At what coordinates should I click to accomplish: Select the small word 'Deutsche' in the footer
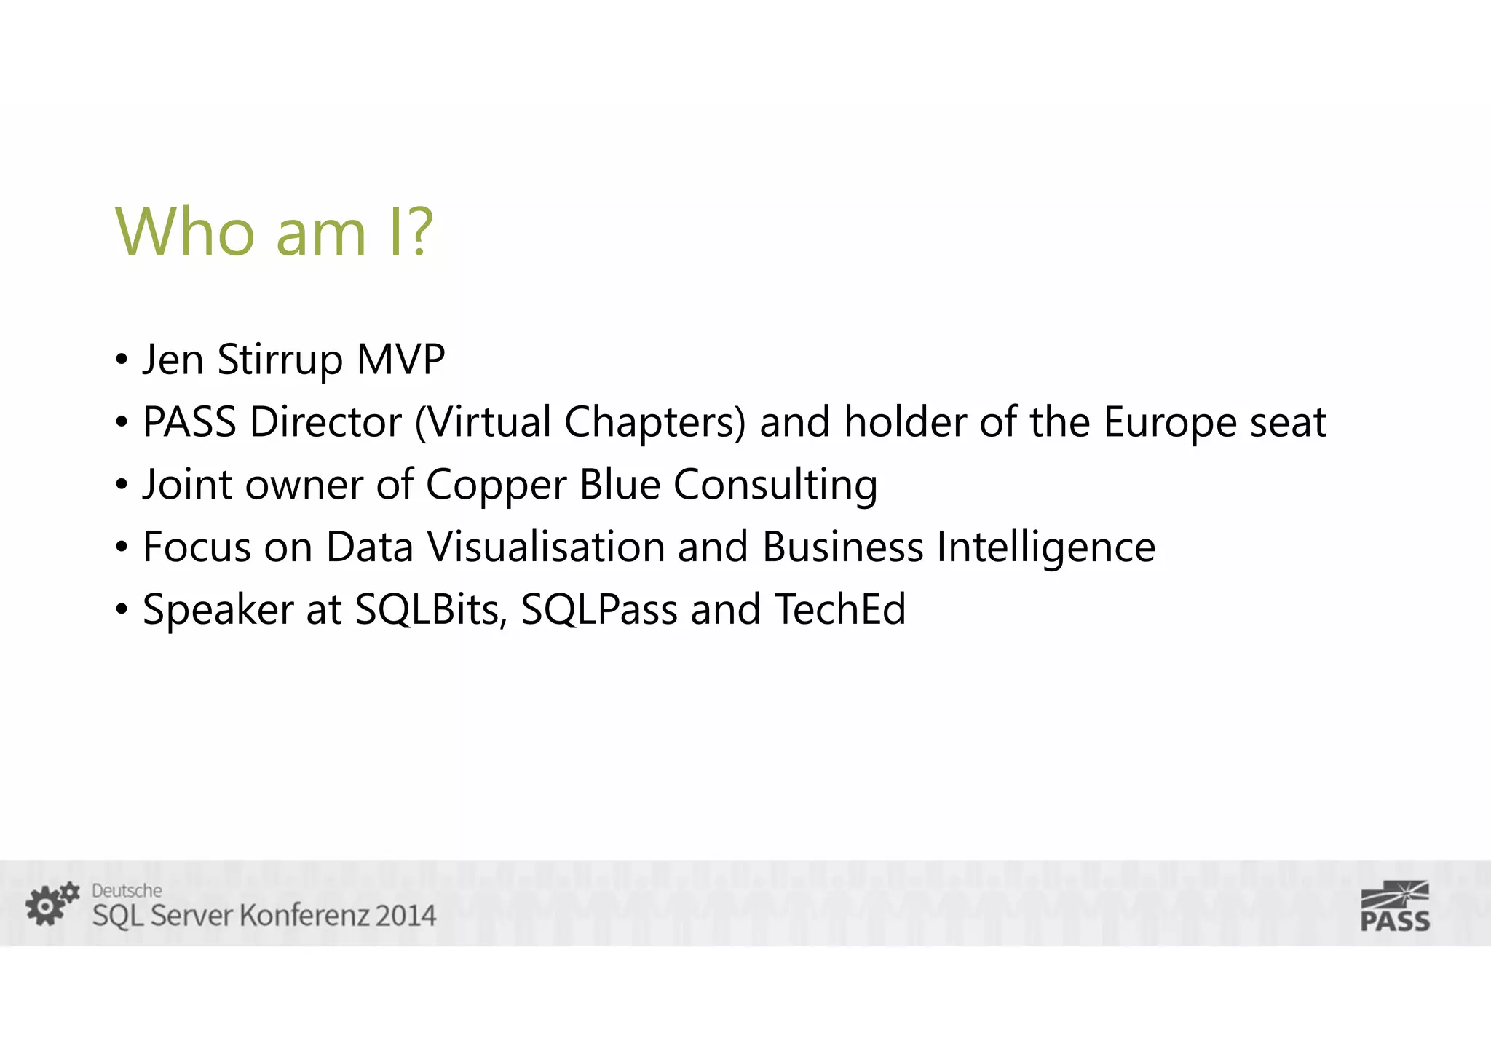tap(127, 890)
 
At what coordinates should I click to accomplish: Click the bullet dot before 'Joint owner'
tap(122, 485)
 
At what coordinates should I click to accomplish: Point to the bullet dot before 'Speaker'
tap(122, 610)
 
